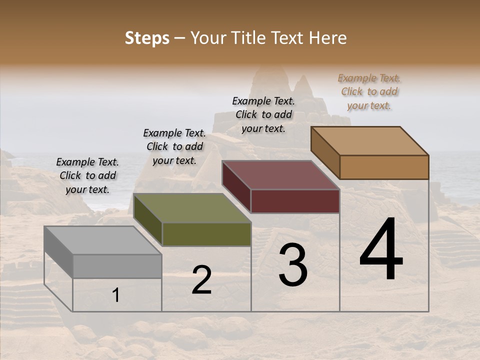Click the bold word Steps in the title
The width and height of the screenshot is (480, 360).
pyautogui.click(x=146, y=38)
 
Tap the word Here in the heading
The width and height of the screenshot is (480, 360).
pyautogui.click(x=328, y=38)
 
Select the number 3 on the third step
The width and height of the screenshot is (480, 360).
pyautogui.click(x=293, y=265)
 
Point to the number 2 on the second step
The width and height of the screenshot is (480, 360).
pyautogui.click(x=201, y=280)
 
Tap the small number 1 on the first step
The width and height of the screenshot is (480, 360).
pyautogui.click(x=116, y=295)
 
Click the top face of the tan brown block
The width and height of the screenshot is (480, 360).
pyautogui.click(x=370, y=141)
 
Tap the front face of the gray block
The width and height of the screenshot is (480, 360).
pyautogui.click(x=117, y=266)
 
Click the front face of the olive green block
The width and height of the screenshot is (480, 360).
pyautogui.click(x=206, y=234)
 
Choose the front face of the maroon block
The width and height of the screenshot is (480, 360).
pyautogui.click(x=295, y=201)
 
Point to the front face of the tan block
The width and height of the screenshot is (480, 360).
pyautogui.click(x=384, y=167)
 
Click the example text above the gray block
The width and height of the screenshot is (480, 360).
pyautogui.click(x=87, y=175)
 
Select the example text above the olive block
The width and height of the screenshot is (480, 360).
pyautogui.click(x=174, y=146)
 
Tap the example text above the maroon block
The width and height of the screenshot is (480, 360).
pyautogui.click(x=263, y=114)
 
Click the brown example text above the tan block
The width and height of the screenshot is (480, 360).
pyautogui.click(x=369, y=91)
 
